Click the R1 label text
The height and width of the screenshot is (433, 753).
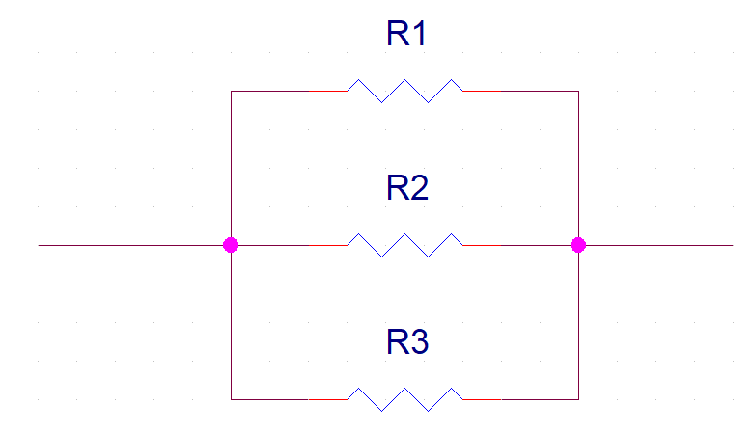pyautogui.click(x=406, y=35)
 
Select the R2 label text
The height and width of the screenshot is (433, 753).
pyautogui.click(x=406, y=188)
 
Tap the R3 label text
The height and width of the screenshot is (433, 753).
pyautogui.click(x=406, y=341)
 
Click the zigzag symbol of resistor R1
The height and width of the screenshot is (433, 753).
pyautogui.click(x=404, y=91)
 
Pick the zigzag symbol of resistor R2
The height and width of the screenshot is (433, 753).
pyautogui.click(x=404, y=245)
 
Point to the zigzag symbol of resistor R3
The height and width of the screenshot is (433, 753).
pyautogui.click(x=404, y=398)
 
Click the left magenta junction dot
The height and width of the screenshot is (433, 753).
pyautogui.click(x=231, y=245)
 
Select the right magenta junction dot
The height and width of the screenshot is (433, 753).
pyautogui.click(x=578, y=245)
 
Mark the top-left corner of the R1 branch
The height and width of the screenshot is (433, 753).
pyautogui.click(x=232, y=92)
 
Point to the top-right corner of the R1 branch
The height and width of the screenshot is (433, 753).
pyautogui.click(x=578, y=92)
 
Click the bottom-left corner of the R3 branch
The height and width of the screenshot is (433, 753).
pyautogui.click(x=232, y=398)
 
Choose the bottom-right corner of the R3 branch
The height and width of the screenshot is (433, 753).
pyautogui.click(x=578, y=398)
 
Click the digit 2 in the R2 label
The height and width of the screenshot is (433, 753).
pyautogui.click(x=418, y=188)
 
